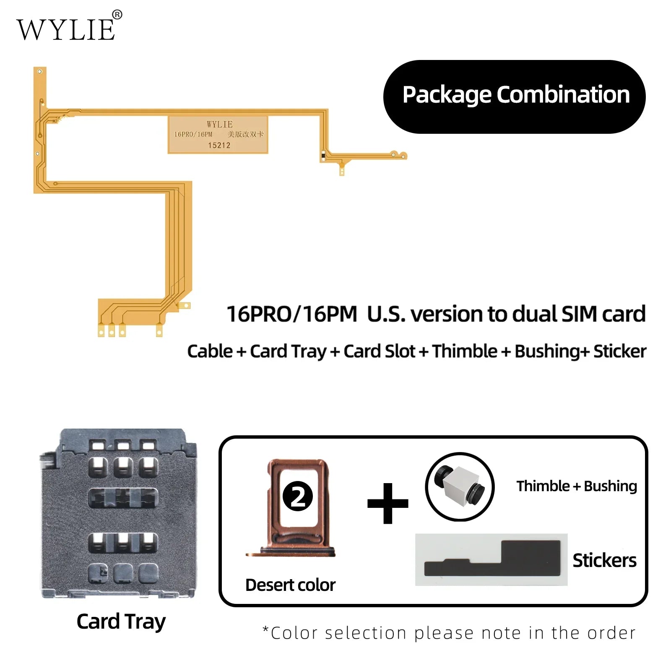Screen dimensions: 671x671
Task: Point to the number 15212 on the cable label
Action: click(x=219, y=146)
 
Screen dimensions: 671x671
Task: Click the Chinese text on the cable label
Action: click(x=245, y=134)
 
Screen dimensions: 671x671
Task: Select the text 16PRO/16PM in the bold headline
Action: click(x=291, y=314)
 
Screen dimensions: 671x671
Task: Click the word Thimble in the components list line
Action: click(x=464, y=351)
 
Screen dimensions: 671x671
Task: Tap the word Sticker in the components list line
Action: click(x=620, y=351)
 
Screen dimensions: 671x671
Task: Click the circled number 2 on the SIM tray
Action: click(x=298, y=496)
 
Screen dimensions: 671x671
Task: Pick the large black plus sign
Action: click(x=388, y=503)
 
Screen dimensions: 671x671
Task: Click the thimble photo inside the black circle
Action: click(x=460, y=486)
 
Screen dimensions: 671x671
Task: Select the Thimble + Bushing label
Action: click(x=577, y=486)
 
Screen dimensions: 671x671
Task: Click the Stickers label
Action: click(x=604, y=560)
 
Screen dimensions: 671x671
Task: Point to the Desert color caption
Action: click(x=290, y=585)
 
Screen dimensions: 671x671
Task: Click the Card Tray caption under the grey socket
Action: click(x=121, y=622)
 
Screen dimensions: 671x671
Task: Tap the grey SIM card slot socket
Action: click(x=118, y=514)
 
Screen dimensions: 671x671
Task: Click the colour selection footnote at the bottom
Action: click(x=449, y=633)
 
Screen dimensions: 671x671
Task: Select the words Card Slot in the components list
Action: click(x=379, y=351)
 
